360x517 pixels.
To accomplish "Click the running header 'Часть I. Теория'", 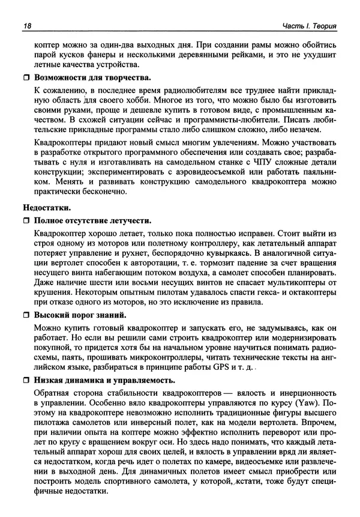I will [x=308, y=25].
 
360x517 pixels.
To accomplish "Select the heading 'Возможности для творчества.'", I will [x=92, y=78].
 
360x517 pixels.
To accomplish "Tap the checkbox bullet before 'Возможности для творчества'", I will [x=26, y=78].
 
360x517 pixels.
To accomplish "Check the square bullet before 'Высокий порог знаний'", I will [x=26, y=315].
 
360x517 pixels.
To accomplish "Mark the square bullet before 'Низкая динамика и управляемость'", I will [x=26, y=379].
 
